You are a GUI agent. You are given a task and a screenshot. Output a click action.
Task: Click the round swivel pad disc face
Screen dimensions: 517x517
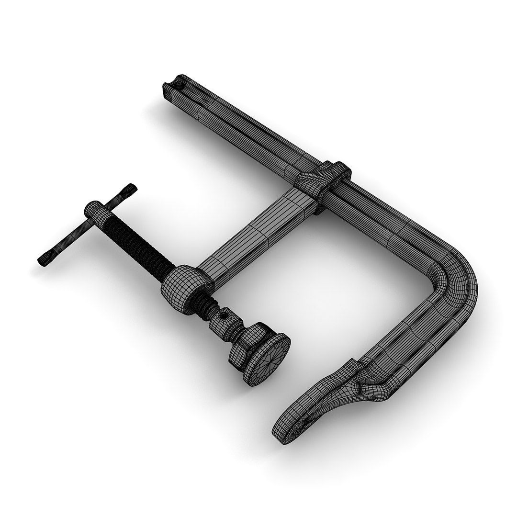(268, 358)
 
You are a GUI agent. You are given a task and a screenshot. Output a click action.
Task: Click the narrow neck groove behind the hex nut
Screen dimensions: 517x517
(236, 335)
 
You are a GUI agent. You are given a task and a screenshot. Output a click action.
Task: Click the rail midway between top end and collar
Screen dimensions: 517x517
(239, 124)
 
